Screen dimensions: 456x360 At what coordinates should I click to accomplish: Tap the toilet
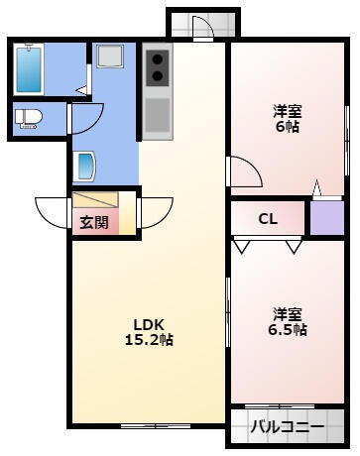click(28, 118)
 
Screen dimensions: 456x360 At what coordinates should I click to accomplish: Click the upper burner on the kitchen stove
click(157, 61)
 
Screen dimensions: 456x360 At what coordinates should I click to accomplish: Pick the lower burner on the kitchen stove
click(157, 80)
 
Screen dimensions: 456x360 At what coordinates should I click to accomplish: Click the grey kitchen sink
click(157, 115)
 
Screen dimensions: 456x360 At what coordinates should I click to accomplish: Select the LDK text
click(149, 322)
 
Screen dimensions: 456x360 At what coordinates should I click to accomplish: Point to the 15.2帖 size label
click(149, 339)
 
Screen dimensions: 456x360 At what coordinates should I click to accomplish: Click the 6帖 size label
click(288, 127)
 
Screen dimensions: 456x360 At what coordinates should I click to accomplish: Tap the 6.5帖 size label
click(288, 329)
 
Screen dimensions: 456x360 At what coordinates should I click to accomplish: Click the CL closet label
click(268, 219)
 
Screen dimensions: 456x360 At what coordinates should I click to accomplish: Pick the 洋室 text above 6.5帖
click(288, 313)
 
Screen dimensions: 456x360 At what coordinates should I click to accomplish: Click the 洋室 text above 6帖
click(288, 110)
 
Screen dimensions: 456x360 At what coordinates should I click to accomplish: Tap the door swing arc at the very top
click(202, 28)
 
